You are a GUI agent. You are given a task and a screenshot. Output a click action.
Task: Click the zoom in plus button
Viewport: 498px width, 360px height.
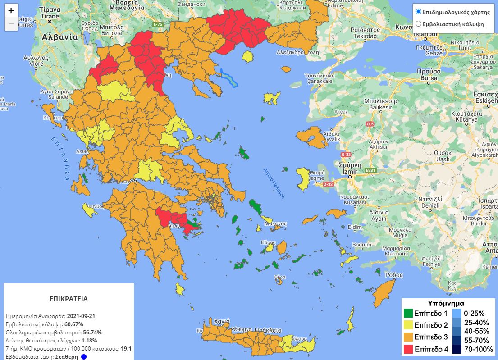(x=11, y=10)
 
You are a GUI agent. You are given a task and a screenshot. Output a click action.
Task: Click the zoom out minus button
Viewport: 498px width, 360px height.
(x=11, y=23)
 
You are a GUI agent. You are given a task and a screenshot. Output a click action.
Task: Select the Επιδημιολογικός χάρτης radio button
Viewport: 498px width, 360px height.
(x=418, y=12)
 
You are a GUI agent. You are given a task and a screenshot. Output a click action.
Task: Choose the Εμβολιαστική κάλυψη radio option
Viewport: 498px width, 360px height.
(x=418, y=24)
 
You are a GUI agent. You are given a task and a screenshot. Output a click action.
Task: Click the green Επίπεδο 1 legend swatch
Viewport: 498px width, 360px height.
(x=408, y=313)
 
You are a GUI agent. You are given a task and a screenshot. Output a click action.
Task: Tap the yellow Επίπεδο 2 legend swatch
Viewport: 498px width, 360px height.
(x=408, y=325)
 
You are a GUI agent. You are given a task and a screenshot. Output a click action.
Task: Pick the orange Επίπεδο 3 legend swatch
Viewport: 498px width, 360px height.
(x=408, y=337)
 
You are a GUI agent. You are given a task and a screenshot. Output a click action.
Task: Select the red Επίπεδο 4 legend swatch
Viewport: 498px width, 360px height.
(x=408, y=349)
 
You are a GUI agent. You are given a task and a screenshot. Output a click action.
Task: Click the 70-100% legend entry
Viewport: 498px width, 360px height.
(x=457, y=349)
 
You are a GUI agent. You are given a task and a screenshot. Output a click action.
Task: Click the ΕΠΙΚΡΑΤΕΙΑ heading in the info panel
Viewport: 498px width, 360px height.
(x=69, y=299)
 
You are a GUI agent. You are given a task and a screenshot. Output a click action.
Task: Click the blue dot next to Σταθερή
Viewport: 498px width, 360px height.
(x=84, y=357)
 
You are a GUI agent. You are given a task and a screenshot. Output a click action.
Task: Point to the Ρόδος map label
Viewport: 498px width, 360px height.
(x=394, y=275)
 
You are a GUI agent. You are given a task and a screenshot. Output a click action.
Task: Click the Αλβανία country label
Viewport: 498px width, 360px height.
(x=59, y=37)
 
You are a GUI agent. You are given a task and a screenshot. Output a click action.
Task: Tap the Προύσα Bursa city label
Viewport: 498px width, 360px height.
(x=428, y=75)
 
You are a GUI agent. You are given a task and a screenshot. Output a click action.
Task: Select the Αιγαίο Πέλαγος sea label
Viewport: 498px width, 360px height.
(x=274, y=183)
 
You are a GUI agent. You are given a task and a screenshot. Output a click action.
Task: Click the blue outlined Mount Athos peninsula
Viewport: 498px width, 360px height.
(x=229, y=77)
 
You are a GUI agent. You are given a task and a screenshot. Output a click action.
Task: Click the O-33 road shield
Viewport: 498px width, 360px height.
(x=346, y=155)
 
